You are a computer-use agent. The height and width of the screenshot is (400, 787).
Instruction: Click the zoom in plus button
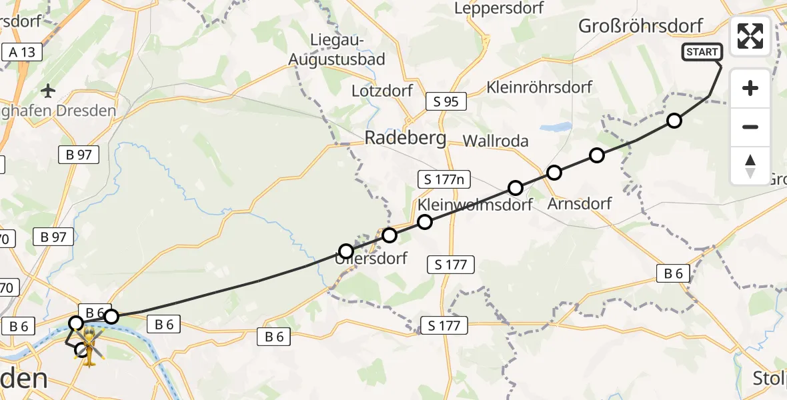click(750, 88)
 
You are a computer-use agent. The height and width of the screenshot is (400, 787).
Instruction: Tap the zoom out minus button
click(750, 127)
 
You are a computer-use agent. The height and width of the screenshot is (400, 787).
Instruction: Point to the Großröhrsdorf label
click(641, 27)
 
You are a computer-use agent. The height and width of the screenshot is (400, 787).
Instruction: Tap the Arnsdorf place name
click(579, 203)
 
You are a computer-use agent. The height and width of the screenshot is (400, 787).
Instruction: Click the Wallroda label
click(496, 141)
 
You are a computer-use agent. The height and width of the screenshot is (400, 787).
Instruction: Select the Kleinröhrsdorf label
click(540, 87)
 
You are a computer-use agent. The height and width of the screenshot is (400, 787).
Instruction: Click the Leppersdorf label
click(499, 8)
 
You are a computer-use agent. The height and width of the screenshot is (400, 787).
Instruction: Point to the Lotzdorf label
click(383, 91)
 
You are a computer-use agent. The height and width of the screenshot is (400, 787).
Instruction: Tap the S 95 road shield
click(446, 101)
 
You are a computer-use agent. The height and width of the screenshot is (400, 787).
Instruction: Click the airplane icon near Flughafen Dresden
click(49, 89)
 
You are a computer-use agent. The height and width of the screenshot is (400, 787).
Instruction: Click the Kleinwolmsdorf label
click(475, 205)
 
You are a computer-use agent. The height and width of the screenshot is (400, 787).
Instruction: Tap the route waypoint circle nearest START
click(674, 121)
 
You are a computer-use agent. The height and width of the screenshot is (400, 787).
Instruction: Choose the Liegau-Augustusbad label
click(337, 50)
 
